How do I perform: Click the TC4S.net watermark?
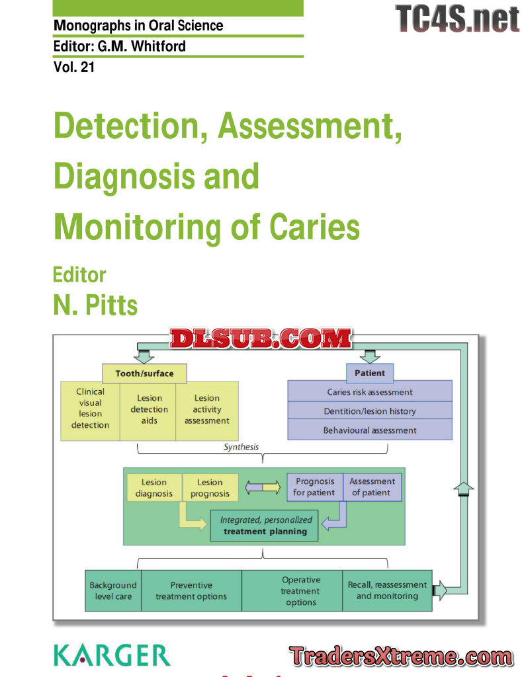457,18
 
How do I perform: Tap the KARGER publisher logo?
112,655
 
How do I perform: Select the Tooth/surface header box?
144,374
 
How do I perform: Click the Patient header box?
369,373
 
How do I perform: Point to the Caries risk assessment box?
370,391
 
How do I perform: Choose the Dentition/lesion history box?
370,411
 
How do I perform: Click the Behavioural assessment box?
370,430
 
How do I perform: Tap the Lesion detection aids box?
149,409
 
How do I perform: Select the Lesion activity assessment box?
206,409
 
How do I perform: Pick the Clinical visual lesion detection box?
90,409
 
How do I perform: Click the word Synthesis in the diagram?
241,447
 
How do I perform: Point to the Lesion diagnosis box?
153,487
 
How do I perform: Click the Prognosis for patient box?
314,487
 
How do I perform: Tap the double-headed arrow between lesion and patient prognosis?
263,488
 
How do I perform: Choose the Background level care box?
113,590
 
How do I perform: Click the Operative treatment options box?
301,590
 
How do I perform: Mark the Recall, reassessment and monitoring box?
387,590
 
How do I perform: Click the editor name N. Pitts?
95,305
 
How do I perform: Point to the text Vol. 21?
74,67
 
